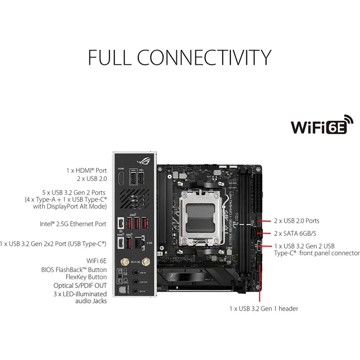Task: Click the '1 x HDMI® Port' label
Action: point(86,170)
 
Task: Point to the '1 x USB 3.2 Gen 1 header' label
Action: point(263,309)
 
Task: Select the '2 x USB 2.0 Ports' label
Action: point(296,221)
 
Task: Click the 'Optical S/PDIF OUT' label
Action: point(80,285)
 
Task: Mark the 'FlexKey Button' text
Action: point(84,277)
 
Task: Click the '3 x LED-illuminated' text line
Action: point(80,294)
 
